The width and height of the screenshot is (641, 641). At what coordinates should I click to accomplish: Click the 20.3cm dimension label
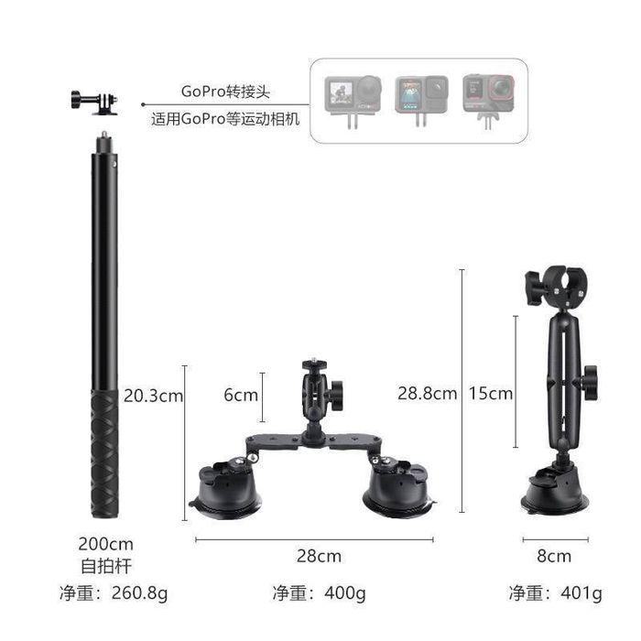[153, 396]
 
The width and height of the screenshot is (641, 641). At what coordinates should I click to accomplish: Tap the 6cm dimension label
[241, 395]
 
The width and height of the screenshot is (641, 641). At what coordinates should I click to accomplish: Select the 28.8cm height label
[428, 393]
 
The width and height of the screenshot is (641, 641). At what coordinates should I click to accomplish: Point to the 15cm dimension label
[491, 393]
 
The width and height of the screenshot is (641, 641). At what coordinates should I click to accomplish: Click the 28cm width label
[319, 556]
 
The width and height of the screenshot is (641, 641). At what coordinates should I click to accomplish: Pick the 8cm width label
[554, 556]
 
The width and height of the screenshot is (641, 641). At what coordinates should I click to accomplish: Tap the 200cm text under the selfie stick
[106, 544]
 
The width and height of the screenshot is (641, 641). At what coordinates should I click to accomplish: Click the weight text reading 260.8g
[139, 593]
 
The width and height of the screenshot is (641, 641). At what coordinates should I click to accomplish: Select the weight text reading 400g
[345, 593]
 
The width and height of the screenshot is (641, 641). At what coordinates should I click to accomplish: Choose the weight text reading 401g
[581, 593]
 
